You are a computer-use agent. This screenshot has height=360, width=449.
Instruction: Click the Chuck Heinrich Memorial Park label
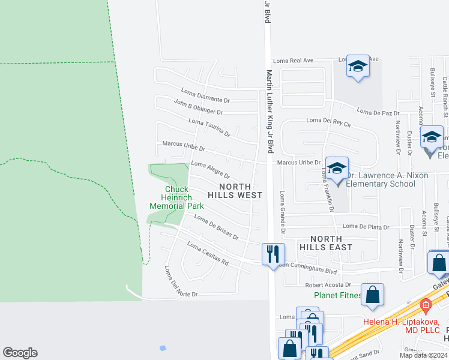coord(177,198)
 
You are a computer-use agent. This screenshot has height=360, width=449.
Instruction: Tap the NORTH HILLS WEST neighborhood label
coord(235,190)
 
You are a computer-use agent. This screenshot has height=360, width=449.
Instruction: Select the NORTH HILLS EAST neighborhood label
coord(327,242)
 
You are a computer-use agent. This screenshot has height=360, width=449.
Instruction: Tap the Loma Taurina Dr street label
coord(209,127)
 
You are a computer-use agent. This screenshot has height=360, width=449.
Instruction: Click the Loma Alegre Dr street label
coord(210,169)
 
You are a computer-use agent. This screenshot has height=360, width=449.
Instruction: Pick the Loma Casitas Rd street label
coord(208,254)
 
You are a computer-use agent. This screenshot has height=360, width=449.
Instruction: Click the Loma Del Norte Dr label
coord(180,283)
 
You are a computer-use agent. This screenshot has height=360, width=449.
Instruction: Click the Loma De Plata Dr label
coord(366,227)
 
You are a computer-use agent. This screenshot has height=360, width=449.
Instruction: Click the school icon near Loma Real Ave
coord(358,67)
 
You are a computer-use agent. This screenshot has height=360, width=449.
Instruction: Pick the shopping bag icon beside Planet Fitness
coord(373,295)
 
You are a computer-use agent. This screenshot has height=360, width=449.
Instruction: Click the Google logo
coord(20,353)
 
